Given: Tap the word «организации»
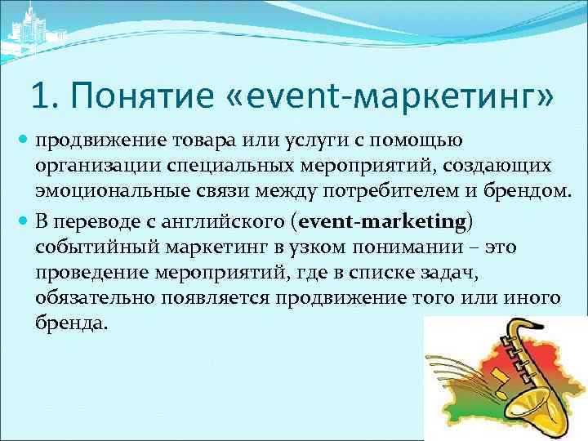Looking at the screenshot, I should click(x=99, y=166).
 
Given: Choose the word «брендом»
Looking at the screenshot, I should click(x=523, y=192).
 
